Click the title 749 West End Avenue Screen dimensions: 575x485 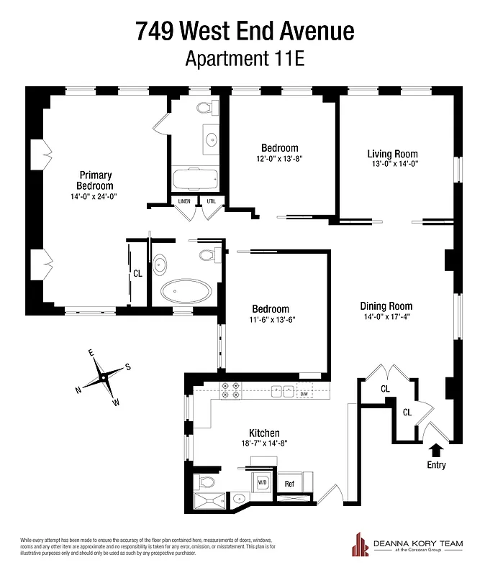(245, 31)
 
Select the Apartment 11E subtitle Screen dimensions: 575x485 (245, 58)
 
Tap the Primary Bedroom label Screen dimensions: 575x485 (96, 180)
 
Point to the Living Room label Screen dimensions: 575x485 (392, 154)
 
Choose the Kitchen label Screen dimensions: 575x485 (264, 433)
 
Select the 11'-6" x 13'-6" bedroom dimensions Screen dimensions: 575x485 (271, 320)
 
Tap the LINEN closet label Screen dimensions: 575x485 (183, 201)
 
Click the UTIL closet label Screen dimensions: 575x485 (210, 201)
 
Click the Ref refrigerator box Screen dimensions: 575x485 (289, 484)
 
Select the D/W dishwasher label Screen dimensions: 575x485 (303, 393)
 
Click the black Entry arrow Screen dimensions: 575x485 (436, 450)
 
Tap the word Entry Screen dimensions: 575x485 (436, 465)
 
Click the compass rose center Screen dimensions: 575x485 (104, 377)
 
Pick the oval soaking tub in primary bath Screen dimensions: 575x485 (186, 293)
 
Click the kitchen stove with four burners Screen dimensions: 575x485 (230, 390)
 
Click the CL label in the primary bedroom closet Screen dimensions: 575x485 (137, 273)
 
